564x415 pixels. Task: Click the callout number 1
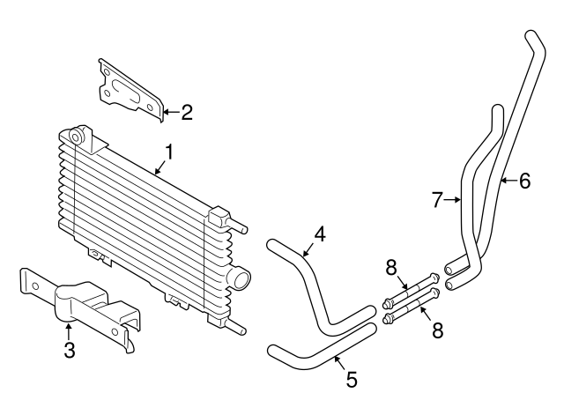tap(168, 152)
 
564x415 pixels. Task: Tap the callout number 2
tap(186, 112)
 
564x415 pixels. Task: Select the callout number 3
tap(70, 352)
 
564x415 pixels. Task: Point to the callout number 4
tap(320, 233)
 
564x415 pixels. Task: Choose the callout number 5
tap(351, 380)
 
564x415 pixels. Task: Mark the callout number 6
tap(524, 181)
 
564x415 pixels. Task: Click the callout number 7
tap(437, 200)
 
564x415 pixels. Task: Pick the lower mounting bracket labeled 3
tap(84, 308)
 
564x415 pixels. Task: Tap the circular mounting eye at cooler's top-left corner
tap(76, 136)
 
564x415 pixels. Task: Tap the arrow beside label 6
tap(507, 181)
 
